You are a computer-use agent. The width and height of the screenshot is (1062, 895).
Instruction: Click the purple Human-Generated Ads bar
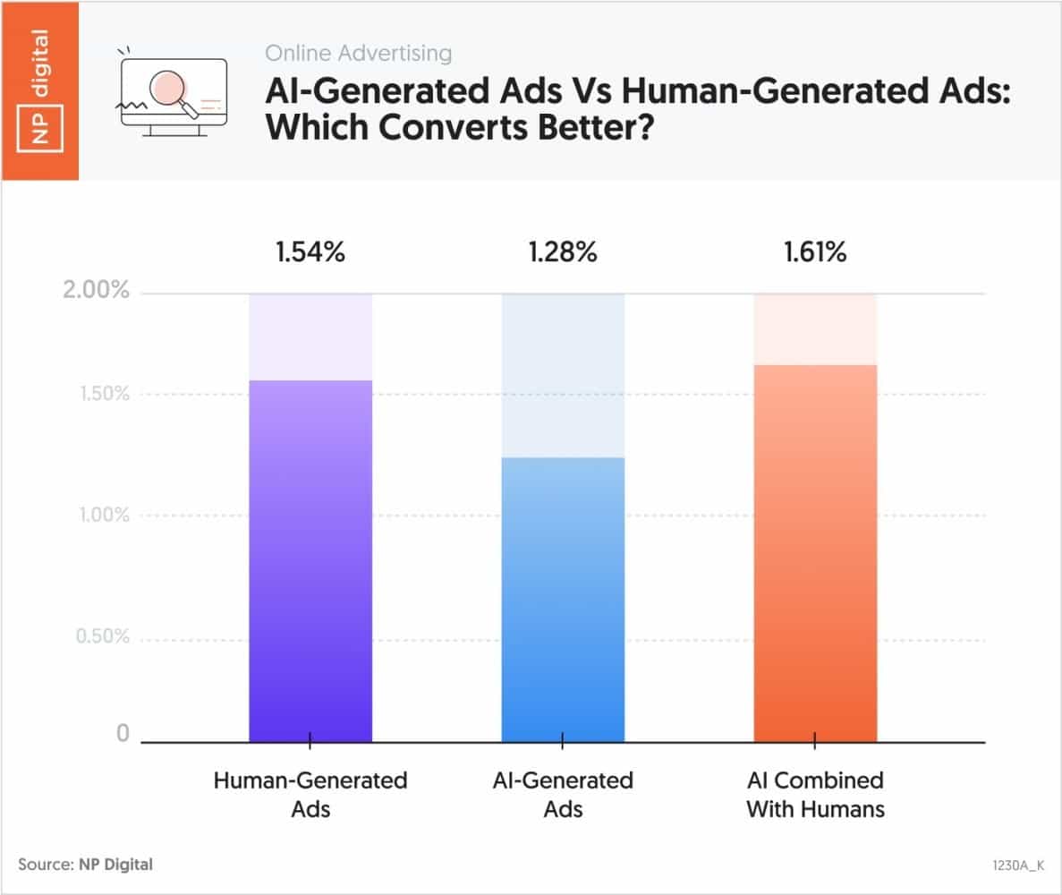310,561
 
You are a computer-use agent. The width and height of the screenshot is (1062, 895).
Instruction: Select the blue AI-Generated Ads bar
563,600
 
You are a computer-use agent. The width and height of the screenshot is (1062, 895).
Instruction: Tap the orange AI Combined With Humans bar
815,553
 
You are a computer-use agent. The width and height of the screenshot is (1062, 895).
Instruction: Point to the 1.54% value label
310,253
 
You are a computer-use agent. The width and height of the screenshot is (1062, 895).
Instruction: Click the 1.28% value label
563,253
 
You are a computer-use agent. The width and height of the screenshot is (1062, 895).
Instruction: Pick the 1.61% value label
815,253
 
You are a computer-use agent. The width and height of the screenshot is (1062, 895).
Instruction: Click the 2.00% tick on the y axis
98,293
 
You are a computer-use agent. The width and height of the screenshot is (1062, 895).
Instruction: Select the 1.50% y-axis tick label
98,394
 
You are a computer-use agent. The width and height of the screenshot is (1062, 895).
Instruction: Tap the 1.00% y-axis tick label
98,516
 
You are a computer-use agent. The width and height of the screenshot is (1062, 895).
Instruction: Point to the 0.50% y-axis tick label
98,637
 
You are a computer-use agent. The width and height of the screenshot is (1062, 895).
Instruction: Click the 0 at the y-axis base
123,734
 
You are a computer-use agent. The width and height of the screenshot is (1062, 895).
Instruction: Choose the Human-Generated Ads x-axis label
310,795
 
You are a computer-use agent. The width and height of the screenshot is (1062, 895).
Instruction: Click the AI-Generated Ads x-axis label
563,795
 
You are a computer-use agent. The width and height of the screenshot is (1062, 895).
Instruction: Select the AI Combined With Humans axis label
815,795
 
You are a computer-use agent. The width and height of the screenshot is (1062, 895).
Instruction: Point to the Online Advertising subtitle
358,54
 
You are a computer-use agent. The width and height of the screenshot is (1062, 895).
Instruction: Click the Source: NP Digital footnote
85,864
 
